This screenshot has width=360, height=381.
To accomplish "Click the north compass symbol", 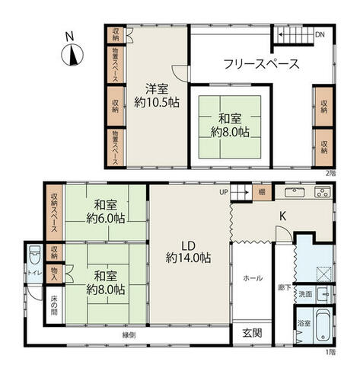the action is [72, 55].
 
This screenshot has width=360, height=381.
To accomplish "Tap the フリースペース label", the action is [262, 64].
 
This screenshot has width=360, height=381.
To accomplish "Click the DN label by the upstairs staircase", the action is [320, 34].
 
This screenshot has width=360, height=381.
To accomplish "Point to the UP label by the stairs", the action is [224, 192].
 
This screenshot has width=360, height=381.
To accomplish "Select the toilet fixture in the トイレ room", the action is [35, 255].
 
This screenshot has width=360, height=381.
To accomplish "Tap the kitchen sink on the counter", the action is [295, 192].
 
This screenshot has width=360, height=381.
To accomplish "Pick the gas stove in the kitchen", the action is [323, 192].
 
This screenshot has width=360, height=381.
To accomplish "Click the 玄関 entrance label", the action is [252, 333].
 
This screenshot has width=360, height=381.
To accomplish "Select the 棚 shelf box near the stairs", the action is [262, 192].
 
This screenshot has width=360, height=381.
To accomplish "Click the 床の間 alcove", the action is [54, 305].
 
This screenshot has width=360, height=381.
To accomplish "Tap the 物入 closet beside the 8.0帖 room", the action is [54, 274].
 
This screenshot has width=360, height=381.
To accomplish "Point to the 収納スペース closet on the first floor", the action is [54, 213].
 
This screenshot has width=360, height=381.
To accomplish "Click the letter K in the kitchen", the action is [283, 216].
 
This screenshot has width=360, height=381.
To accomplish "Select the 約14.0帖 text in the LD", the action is [188, 258].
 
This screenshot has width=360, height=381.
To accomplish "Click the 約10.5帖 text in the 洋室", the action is [157, 103].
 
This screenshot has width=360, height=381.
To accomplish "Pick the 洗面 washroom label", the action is [305, 294].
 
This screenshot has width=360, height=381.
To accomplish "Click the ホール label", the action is [253, 278].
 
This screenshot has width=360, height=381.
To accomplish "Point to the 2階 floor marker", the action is [330, 174].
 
